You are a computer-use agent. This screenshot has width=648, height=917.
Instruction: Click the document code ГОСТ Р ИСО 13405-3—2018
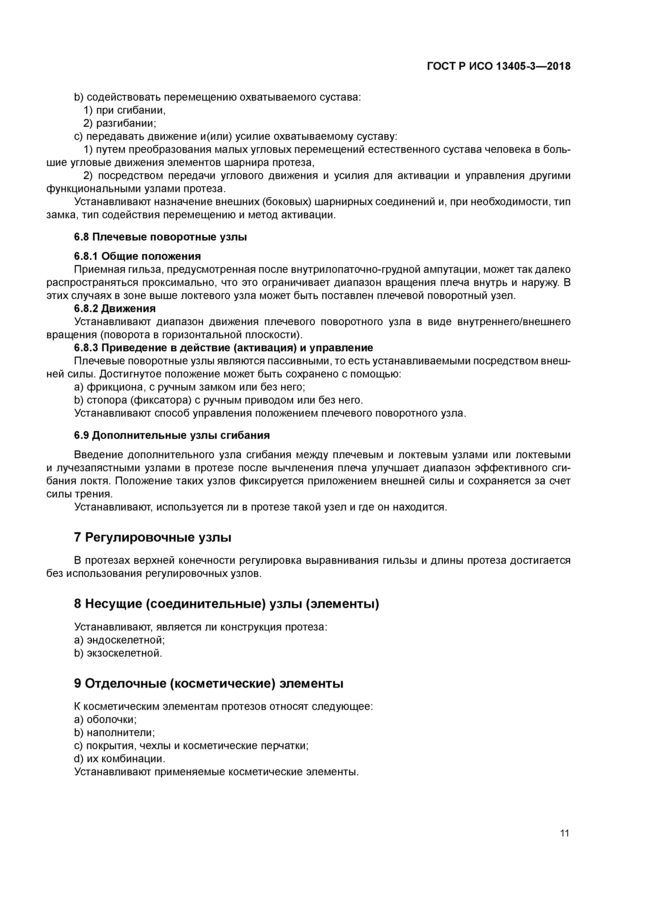pyautogui.click(x=499, y=66)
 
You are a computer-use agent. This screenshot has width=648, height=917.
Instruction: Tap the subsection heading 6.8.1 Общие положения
pyautogui.click(x=137, y=256)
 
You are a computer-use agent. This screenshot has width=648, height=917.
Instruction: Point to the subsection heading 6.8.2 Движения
pyautogui.click(x=115, y=308)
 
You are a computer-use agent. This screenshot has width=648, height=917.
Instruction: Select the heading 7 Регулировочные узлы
pyautogui.click(x=153, y=538)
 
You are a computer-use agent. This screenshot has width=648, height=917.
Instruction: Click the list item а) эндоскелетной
pyautogui.click(x=119, y=640)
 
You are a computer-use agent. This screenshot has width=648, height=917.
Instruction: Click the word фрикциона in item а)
pyautogui.click(x=112, y=387)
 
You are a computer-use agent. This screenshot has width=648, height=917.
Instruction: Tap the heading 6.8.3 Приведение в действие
pyautogui.click(x=224, y=348)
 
